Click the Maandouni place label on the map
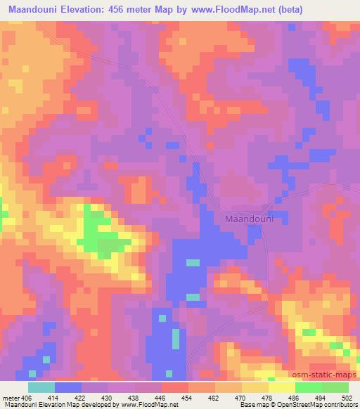(248, 219)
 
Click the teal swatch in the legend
(41, 387)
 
